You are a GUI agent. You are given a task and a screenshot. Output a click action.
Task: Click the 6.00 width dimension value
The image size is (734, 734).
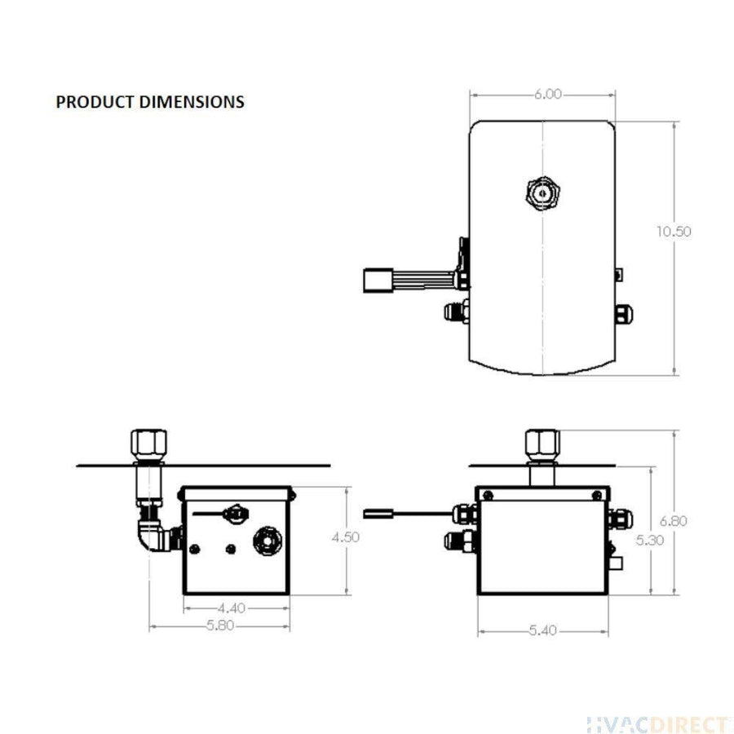click(548, 95)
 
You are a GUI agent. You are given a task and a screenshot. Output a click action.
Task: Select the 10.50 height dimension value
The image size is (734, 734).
click(674, 231)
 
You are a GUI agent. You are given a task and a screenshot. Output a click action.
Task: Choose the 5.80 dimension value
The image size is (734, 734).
click(219, 626)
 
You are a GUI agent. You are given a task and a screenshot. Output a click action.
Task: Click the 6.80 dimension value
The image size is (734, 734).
click(674, 520)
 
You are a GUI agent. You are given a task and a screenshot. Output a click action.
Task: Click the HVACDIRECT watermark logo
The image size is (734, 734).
click(659, 723)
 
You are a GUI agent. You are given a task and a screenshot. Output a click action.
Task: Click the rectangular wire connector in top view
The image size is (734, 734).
click(377, 281)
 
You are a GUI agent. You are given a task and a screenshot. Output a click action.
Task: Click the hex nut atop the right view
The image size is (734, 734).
click(542, 444)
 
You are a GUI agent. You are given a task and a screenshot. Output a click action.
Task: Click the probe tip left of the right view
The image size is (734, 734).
click(378, 514)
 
